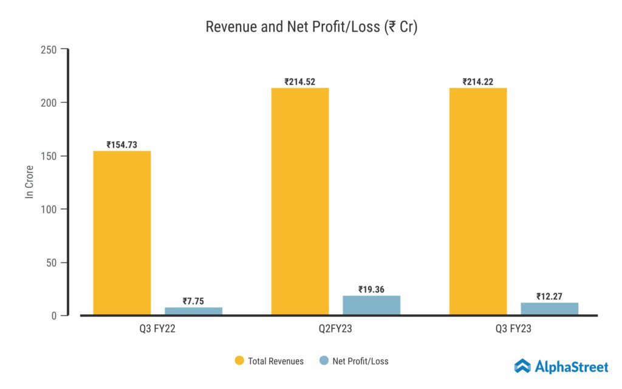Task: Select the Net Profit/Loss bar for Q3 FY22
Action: [193, 311]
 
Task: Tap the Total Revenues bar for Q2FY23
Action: [300, 201]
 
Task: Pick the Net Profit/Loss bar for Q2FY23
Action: [371, 305]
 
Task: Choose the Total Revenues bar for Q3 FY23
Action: [478, 201]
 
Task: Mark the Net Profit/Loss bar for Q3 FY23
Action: [549, 309]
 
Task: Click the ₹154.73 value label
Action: [122, 145]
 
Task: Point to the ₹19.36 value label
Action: [371, 289]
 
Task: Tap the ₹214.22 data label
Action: [478, 81]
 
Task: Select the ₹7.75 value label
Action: [193, 301]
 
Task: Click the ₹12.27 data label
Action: [549, 297]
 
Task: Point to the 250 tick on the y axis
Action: [50, 49]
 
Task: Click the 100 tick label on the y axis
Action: [50, 209]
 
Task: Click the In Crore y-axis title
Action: [29, 182]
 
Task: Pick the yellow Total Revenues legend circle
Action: [239, 361]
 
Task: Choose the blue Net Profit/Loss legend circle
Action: [324, 361]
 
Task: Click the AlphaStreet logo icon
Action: [522, 366]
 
